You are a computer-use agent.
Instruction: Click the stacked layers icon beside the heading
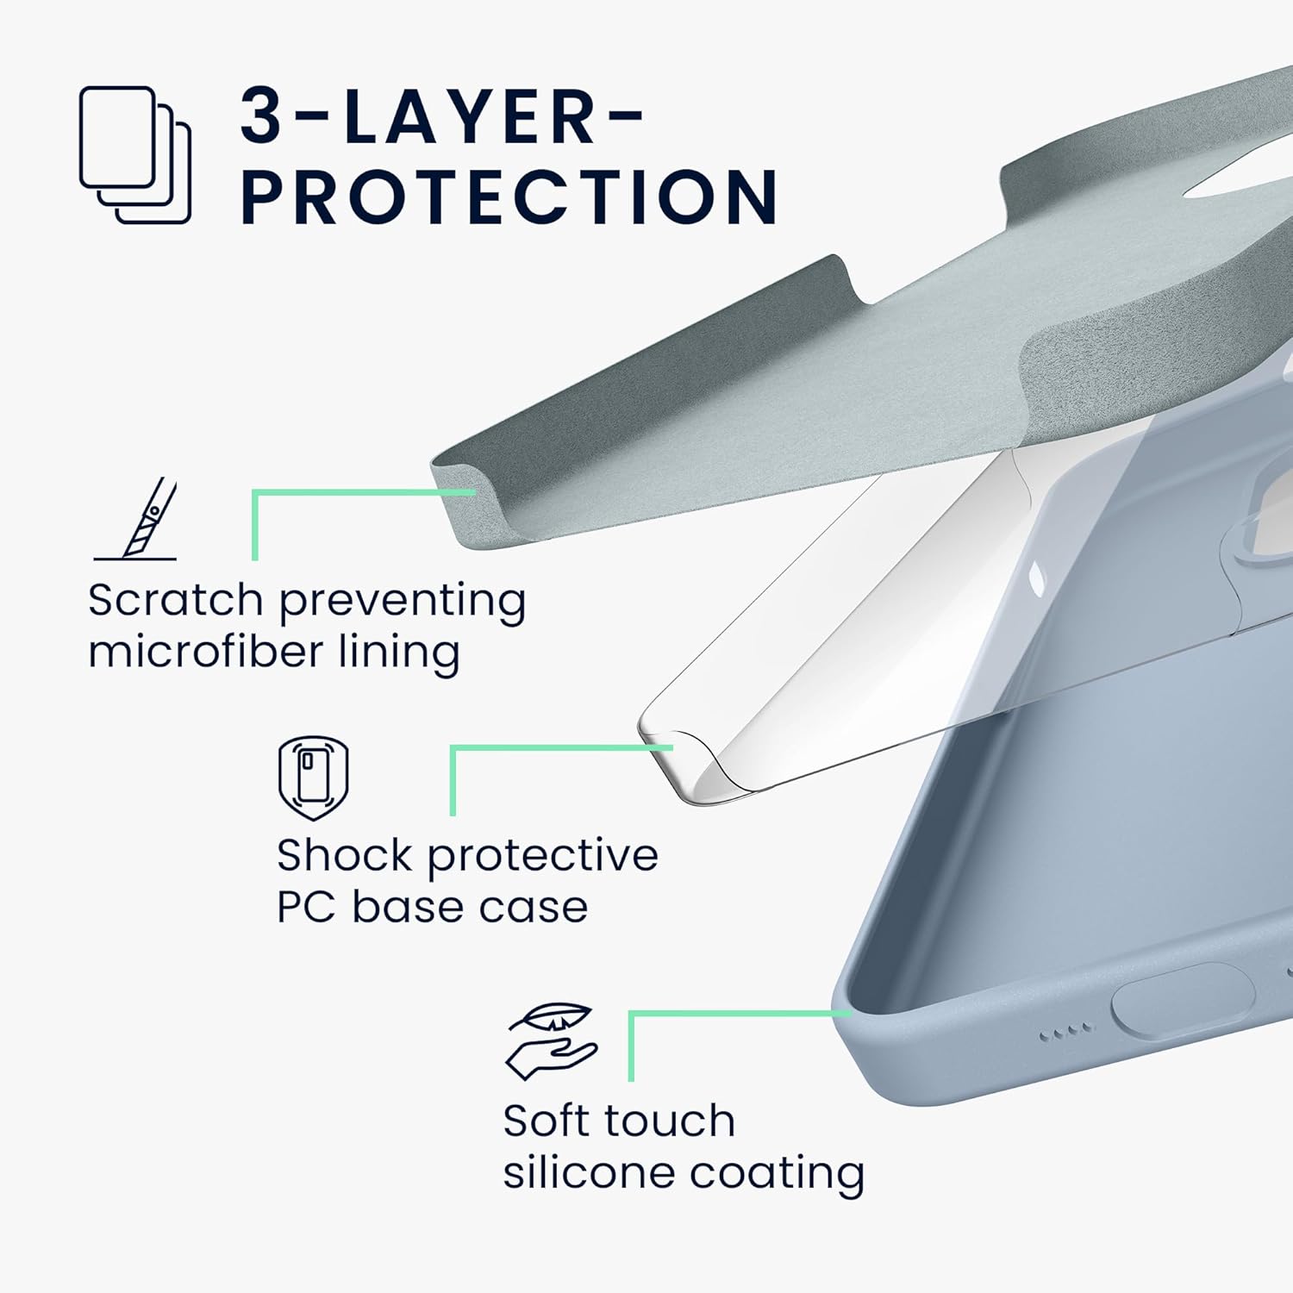[135, 155]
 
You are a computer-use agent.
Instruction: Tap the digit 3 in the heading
[261, 116]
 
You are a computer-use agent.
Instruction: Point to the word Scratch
[175, 600]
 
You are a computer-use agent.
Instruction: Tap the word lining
[398, 653]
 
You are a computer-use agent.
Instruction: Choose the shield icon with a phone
[313, 778]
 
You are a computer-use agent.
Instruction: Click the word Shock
[345, 855]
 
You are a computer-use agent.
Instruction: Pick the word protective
[543, 857]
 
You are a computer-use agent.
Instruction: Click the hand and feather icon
[552, 1040]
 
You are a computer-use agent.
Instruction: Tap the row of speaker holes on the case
[1066, 1031]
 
